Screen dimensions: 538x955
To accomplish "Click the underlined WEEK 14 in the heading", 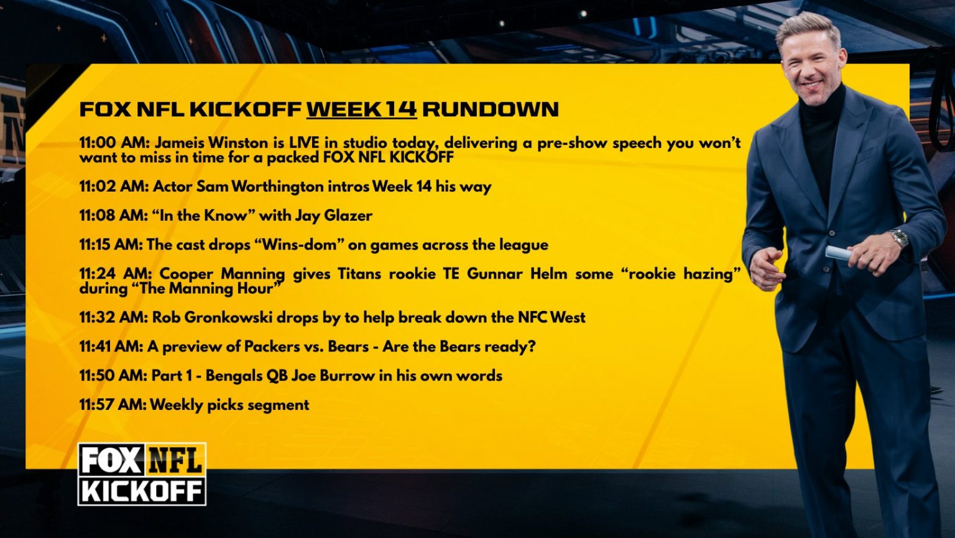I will coord(361,109).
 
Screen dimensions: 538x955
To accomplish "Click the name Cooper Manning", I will coord(222,274).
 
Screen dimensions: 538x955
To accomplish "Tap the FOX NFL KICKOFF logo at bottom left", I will coord(142,474).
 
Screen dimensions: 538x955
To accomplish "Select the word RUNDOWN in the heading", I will coord(490,109).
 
